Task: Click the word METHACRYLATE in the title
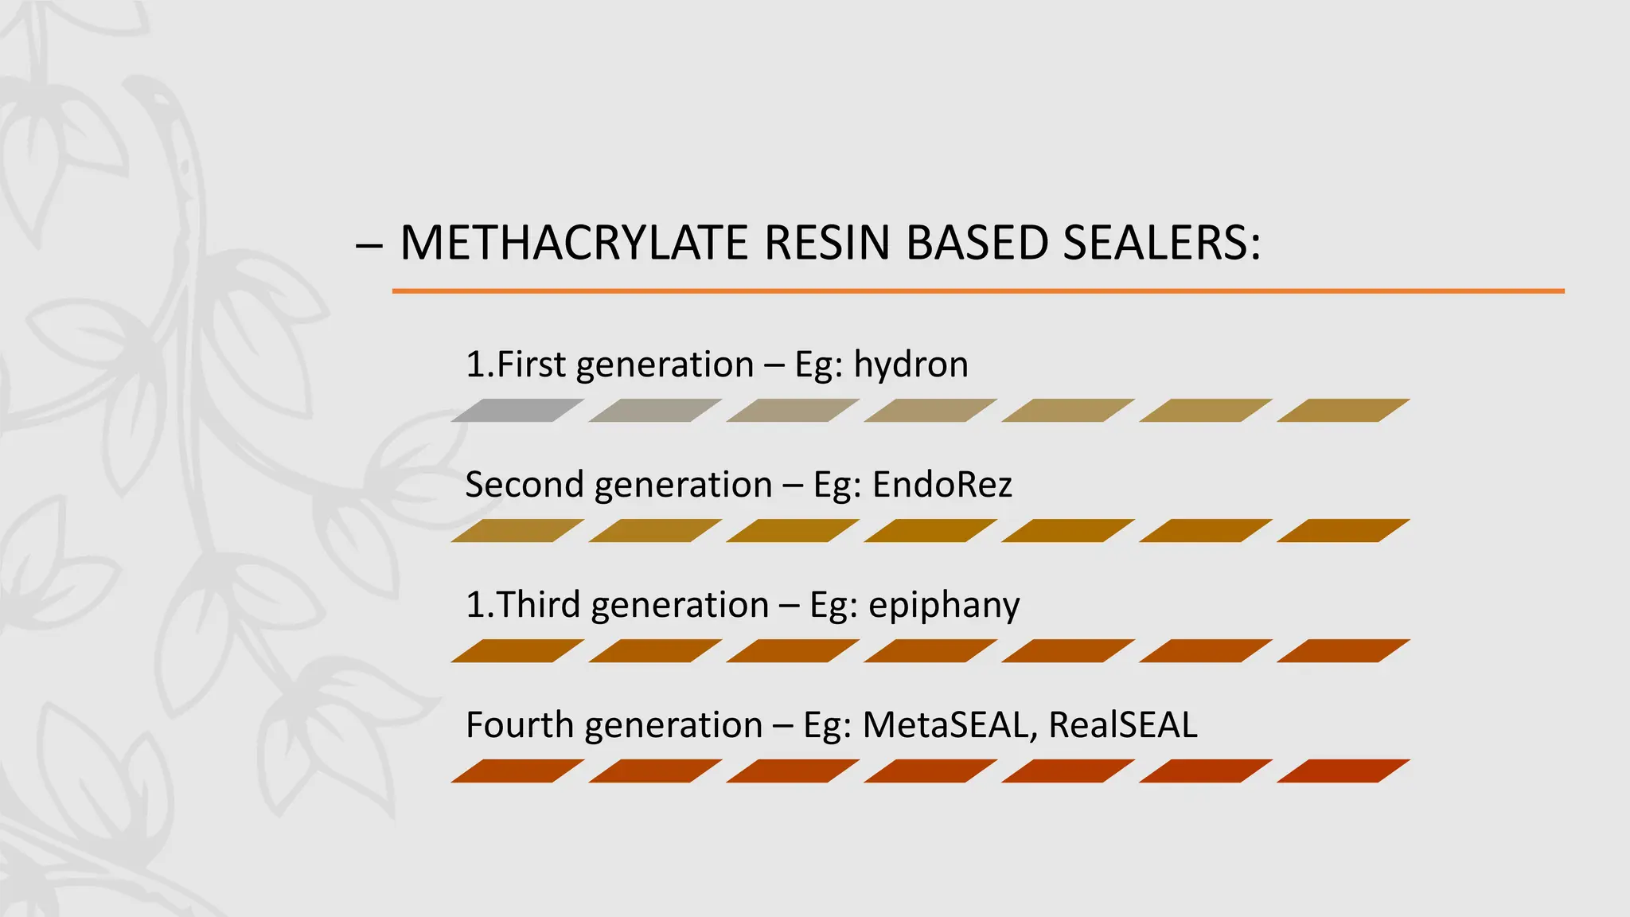tap(574, 243)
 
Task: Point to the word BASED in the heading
tap(977, 243)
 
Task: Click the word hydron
tap(911, 365)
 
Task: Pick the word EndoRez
tap(942, 485)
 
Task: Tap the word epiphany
tap(944, 606)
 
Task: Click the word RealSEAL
tap(1122, 725)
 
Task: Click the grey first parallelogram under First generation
tap(517, 411)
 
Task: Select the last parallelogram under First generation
tap(1343, 411)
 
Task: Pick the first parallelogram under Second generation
tap(517, 531)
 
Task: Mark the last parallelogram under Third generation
tap(1343, 651)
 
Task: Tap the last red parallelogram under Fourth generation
tap(1343, 771)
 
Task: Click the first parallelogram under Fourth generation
tap(517, 771)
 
